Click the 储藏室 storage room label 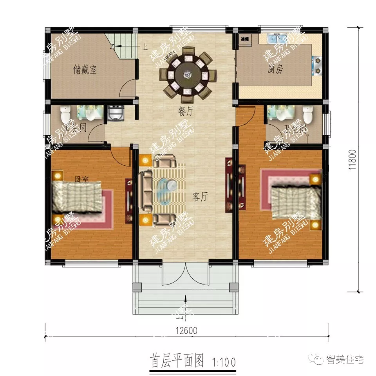(85, 70)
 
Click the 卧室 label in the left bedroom (81, 179)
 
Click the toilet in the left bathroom (65, 114)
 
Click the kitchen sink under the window (277, 39)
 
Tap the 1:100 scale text (224, 360)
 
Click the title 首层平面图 (177, 360)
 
